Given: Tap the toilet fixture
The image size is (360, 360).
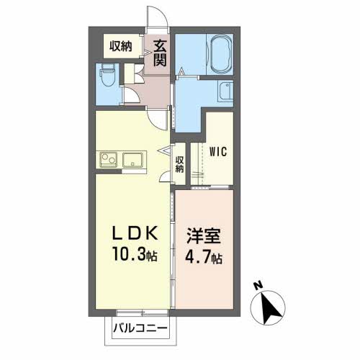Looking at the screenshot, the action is coord(107,76).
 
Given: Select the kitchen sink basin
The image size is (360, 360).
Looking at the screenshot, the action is coord(132,160).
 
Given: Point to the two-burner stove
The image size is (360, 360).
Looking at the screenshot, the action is coord(109,160).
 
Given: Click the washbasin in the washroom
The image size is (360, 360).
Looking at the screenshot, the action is coord(225,91).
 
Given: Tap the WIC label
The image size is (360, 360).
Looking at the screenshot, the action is coord(218,152).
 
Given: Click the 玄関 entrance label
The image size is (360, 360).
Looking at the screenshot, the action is coord(159,54).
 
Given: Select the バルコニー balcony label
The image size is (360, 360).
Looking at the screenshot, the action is coord(140,328).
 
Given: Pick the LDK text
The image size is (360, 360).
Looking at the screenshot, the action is coord(135,233).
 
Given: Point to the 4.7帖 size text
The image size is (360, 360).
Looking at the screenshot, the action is coord(203,257).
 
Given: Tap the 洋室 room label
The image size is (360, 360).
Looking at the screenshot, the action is coord(204,235).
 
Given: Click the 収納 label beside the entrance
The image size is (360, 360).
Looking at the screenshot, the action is coord(121,46).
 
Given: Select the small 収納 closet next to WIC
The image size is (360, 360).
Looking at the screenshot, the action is coord(179,164).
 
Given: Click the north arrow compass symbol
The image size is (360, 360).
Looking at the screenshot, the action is coord(268,307).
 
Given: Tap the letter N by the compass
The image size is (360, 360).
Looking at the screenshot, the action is coord(258,286).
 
